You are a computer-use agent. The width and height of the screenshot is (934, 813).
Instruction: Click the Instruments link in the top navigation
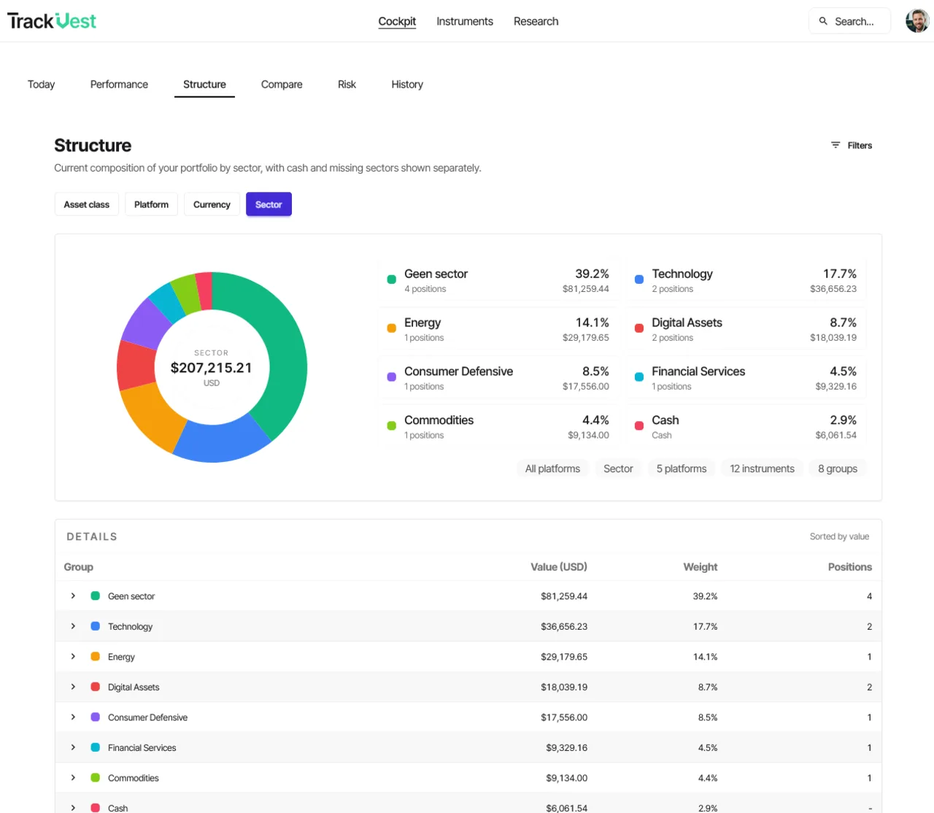464,21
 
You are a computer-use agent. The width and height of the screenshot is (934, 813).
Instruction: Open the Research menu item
536,21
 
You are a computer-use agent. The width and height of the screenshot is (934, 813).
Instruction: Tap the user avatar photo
917,21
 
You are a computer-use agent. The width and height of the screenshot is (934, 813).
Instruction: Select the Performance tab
119,85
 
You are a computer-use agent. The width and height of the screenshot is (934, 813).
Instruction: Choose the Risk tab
347,85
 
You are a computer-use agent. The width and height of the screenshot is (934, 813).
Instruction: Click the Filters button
851,145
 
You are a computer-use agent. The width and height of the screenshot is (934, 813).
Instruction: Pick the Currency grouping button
212,204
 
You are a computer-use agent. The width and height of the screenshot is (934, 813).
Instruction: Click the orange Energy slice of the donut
150,416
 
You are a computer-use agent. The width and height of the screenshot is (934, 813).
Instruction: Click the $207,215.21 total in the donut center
211,368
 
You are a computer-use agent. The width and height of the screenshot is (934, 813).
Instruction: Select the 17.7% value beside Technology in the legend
839,274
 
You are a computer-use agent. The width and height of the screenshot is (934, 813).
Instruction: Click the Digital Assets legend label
687,323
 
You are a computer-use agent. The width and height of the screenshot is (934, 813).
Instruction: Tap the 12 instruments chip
762,469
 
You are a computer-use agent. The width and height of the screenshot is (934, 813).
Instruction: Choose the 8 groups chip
837,469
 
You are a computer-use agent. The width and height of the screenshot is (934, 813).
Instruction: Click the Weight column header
700,566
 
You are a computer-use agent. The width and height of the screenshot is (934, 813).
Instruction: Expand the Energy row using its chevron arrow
73,656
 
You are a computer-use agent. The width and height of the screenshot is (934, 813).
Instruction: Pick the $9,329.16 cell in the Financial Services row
566,747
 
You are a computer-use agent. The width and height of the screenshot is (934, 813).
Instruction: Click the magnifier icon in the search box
822,21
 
